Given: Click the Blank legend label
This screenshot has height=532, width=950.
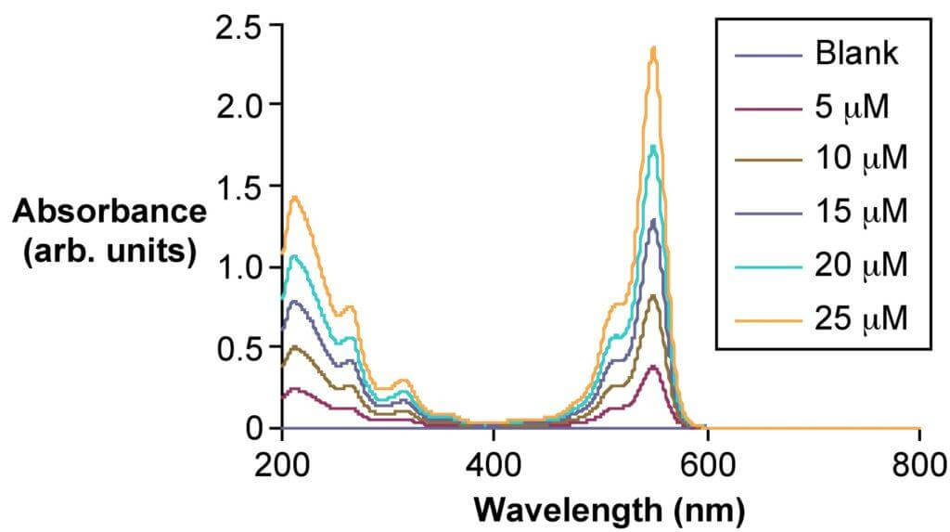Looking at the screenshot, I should [x=856, y=54].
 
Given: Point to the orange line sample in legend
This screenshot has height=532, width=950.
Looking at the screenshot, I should [x=767, y=319].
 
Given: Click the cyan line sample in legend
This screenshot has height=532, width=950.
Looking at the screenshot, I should [x=767, y=266].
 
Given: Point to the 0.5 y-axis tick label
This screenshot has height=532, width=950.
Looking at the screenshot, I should [x=237, y=348].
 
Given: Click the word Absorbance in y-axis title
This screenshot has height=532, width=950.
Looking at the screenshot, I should [x=109, y=213].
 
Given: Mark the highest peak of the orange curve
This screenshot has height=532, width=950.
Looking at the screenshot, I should [x=654, y=48].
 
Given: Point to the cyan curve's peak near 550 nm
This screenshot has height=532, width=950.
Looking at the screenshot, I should [x=654, y=147].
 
